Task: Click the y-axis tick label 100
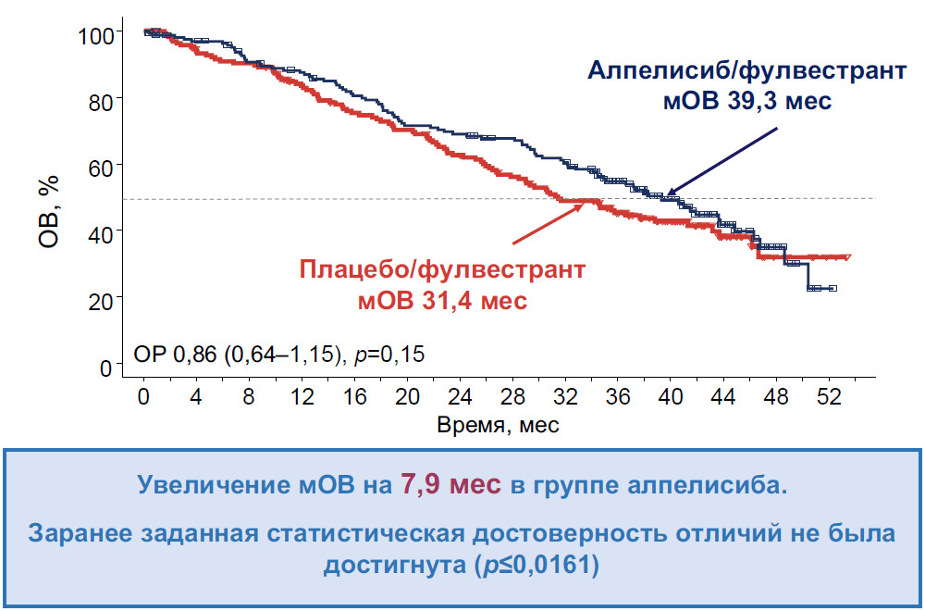(95, 35)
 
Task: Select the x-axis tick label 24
(460, 396)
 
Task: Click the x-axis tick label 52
(828, 396)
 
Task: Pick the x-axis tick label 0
(144, 396)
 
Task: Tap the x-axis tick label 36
(618, 396)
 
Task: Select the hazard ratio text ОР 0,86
(177, 355)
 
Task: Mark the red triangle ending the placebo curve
(846, 257)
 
